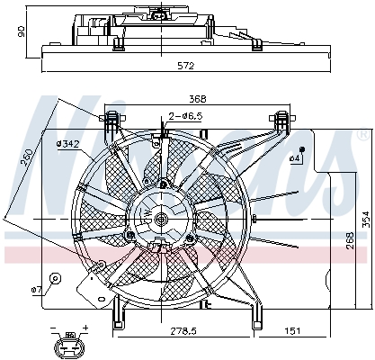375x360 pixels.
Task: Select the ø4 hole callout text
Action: tap(294, 158)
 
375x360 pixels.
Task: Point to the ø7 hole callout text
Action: tap(37, 289)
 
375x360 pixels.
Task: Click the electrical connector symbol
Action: tap(69, 345)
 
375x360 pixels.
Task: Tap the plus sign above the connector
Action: tap(85, 328)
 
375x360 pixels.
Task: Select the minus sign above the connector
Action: tap(54, 328)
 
